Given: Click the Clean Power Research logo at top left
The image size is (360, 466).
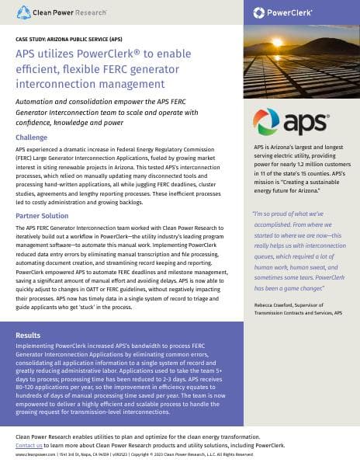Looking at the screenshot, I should point(53,12).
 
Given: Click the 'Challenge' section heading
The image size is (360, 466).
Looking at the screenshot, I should point(31,137).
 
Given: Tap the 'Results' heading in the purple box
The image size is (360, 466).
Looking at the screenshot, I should point(29,336).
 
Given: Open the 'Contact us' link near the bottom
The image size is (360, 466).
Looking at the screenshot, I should point(29,446).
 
